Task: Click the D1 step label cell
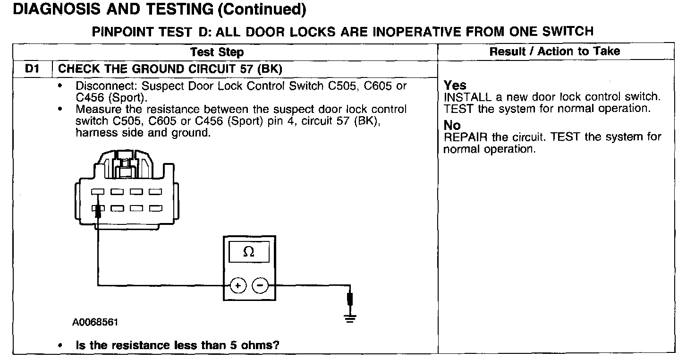point(32,69)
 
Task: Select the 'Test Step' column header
point(217,52)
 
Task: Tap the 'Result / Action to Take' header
point(555,51)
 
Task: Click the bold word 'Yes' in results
point(455,85)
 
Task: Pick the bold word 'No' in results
point(452,125)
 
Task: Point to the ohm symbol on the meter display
point(249,252)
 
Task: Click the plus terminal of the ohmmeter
point(238,285)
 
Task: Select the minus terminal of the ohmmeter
point(260,285)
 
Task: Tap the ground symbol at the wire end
point(350,318)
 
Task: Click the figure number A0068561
point(95,322)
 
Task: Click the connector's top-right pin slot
point(155,192)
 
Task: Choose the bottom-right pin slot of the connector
point(155,208)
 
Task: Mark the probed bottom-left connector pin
point(98,208)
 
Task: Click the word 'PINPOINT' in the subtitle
point(123,32)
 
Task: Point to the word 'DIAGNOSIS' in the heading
point(57,9)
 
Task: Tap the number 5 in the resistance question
point(233,345)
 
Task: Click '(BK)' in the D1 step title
point(270,69)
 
